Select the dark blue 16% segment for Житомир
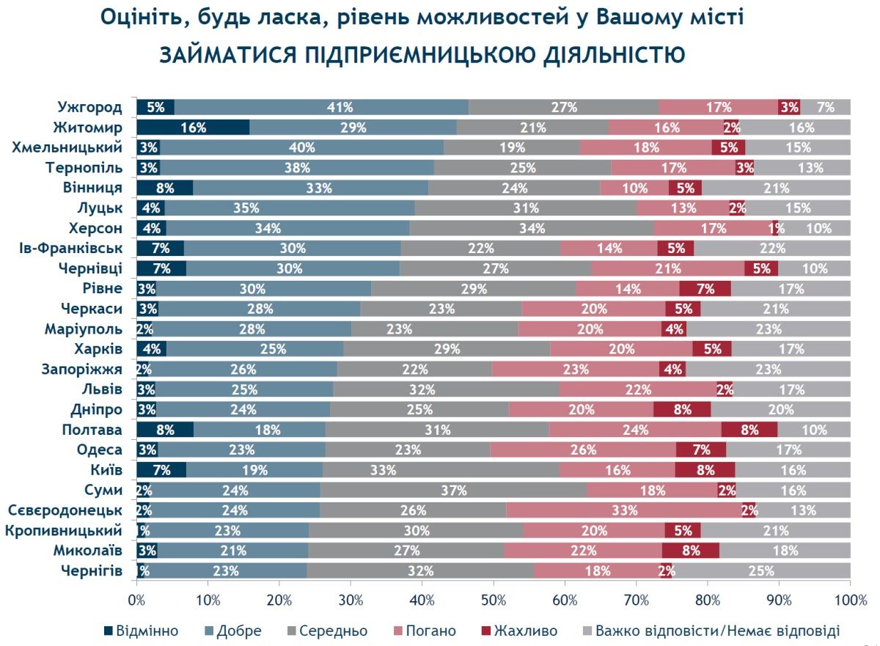[x=193, y=128]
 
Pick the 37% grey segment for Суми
[x=452, y=490]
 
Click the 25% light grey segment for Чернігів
[x=761, y=570]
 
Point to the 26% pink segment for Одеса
[x=583, y=449]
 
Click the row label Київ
[x=107, y=470]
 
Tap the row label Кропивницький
[x=64, y=530]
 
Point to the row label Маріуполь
[x=83, y=328]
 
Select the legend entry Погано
[x=429, y=631]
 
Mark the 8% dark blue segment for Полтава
[x=165, y=430]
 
